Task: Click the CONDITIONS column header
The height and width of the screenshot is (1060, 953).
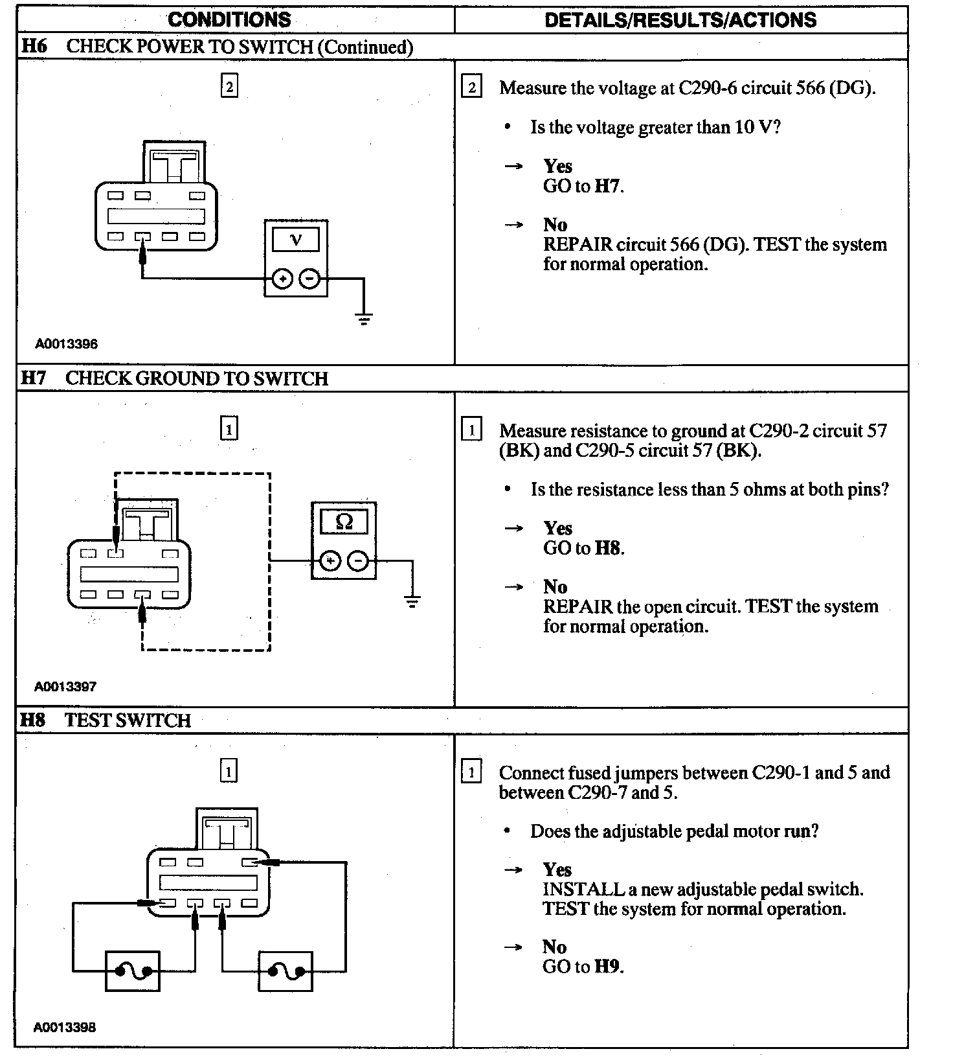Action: coord(229,19)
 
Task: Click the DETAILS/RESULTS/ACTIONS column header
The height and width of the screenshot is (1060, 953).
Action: coord(680,19)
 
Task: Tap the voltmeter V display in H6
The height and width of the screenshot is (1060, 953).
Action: coord(296,239)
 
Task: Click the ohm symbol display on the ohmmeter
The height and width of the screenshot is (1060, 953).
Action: coord(344,522)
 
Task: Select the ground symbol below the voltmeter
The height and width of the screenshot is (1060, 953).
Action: coord(364,317)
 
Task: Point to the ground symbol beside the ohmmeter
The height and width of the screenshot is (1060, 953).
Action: coord(412,601)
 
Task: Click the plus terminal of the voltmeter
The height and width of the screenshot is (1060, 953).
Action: coord(282,279)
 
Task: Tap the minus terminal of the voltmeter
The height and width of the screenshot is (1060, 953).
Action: coord(309,279)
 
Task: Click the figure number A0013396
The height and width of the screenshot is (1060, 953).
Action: coord(67,344)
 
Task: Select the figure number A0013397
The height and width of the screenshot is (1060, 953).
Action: coord(65,686)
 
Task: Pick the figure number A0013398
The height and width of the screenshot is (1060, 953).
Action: coord(65,1027)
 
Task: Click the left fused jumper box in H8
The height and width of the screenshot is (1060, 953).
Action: coord(133,971)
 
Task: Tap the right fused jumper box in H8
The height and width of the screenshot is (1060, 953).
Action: coord(286,971)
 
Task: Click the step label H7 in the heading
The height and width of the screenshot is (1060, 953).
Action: coord(34,378)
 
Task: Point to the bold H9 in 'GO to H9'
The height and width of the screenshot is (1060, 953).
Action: coord(607,967)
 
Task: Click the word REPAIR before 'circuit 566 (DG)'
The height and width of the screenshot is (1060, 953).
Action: coord(577,245)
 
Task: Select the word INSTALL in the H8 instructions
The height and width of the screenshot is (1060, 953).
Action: coord(583,890)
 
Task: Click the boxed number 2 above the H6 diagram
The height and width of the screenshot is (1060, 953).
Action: coord(229,86)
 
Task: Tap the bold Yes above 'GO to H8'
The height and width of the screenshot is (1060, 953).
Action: coord(557,528)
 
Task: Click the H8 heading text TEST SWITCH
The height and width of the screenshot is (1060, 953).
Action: coord(128,720)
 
